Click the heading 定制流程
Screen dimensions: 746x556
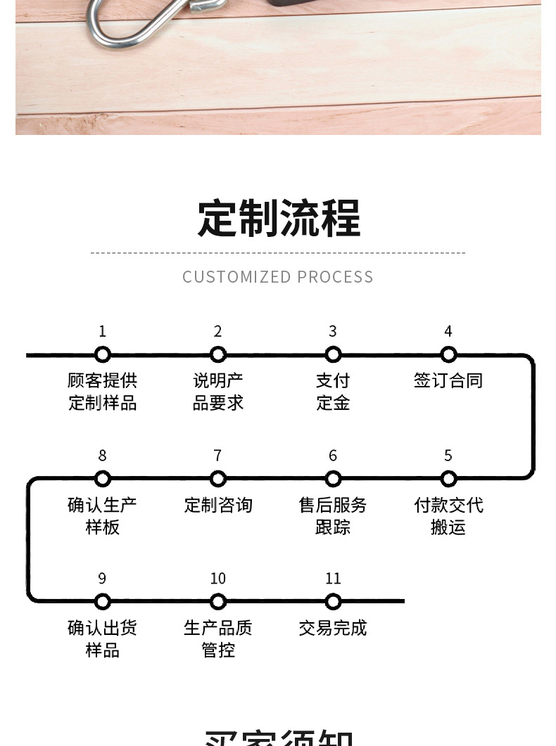[x=278, y=218]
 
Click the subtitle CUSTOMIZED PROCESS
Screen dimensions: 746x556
[x=278, y=277]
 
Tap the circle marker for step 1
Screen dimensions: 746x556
[x=103, y=355]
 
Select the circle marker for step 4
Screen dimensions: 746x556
[x=448, y=355]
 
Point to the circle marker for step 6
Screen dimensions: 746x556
[x=333, y=480]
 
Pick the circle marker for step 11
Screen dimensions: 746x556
[x=333, y=602]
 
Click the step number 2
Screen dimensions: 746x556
[x=218, y=331]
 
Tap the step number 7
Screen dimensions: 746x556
[x=218, y=456]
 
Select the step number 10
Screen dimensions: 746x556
[x=218, y=579]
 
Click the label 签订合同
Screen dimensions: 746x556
[x=448, y=381]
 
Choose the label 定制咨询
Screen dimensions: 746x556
[x=218, y=506]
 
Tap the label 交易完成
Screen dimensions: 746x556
[x=333, y=628]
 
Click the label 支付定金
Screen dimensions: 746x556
[x=333, y=392]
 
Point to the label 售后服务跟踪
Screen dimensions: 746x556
[x=333, y=516]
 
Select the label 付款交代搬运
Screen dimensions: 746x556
[x=448, y=516]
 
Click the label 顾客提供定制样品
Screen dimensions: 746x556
[x=103, y=392]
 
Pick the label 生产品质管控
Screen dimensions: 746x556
[x=218, y=638]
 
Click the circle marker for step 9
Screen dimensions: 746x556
[x=103, y=602]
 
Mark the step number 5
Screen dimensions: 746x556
[x=448, y=456]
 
